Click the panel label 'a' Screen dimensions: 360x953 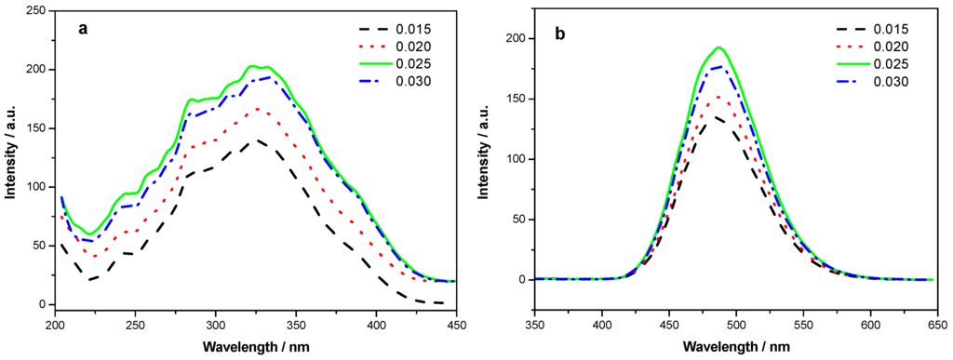[x=84, y=29]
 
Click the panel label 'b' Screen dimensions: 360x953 [x=559, y=34]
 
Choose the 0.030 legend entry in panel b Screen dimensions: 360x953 [x=887, y=82]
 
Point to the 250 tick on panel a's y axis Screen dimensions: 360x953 [x=37, y=10]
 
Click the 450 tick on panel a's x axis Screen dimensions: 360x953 [x=456, y=327]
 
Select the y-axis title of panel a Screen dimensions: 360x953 [x=10, y=158]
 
